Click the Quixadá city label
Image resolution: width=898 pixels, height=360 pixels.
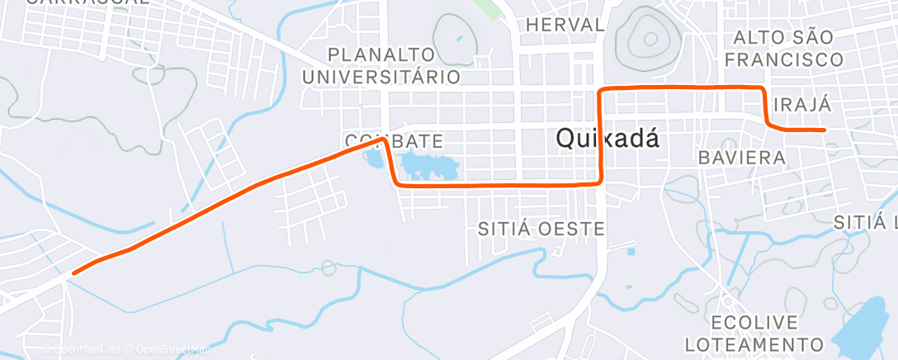pyautogui.click(x=608, y=138)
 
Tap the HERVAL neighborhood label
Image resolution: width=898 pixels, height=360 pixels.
pyautogui.click(x=565, y=25)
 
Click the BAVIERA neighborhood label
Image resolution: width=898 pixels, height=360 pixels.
pyautogui.click(x=741, y=157)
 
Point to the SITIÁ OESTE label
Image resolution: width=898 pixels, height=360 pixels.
pyautogui.click(x=542, y=229)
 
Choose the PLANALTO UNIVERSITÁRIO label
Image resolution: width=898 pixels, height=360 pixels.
pyautogui.click(x=381, y=66)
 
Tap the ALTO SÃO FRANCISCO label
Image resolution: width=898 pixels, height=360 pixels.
pyautogui.click(x=788, y=48)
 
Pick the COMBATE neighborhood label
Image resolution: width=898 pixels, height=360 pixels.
pyautogui.click(x=395, y=140)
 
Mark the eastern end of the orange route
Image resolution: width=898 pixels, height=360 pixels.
pyautogui.click(x=825, y=130)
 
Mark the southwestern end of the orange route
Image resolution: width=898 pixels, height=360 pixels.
pyautogui.click(x=74, y=272)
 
